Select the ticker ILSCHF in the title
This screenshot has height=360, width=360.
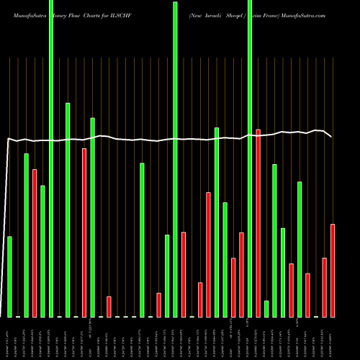point(119,14)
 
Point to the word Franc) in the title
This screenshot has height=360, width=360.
point(276,14)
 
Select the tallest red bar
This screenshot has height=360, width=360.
point(258,223)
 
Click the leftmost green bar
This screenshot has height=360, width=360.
point(9,276)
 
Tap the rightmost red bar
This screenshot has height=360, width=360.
point(333,271)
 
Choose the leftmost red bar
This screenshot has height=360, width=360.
point(35,243)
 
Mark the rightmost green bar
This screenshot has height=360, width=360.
point(300,249)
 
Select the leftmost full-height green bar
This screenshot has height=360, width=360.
point(51,158)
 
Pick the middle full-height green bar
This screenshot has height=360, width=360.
point(176,158)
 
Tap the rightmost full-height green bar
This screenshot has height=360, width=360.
point(250,158)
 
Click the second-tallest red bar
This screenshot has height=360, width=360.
point(84,233)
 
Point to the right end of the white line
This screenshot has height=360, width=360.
point(331,136)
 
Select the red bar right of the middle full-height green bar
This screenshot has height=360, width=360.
point(184,274)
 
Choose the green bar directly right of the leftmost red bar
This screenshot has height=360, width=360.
point(42,251)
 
